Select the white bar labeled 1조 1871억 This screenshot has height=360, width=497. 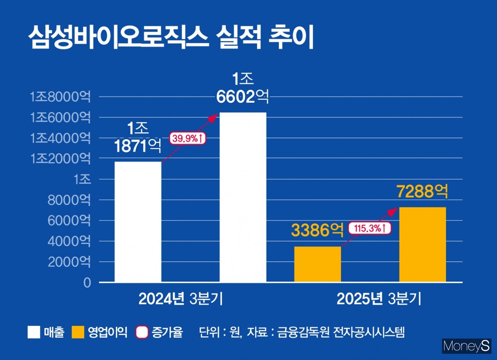point(138,222)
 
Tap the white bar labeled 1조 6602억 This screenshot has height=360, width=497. point(243,197)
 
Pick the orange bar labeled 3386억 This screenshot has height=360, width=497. point(318,264)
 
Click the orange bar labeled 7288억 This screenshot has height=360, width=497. point(422,244)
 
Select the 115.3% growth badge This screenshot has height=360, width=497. point(369,228)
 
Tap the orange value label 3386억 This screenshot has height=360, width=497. point(317,230)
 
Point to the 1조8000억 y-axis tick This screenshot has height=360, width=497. point(60,97)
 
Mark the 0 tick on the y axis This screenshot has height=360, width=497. point(87,283)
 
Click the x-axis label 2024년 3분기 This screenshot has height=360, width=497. point(181,299)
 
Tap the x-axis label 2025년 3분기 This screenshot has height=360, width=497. point(379,299)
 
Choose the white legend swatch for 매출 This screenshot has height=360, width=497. point(34,332)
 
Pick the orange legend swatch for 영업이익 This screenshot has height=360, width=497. point(78,332)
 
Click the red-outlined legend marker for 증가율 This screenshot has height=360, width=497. point(142,332)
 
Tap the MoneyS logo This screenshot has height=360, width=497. point(467,346)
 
